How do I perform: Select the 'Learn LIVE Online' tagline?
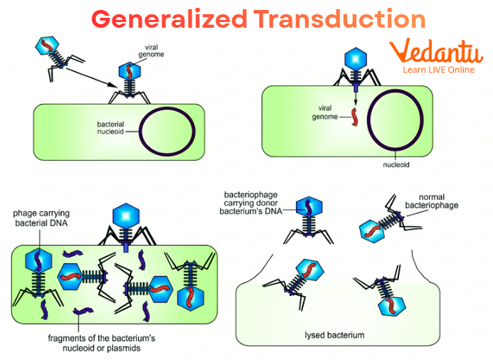pyautogui.click(x=438, y=70)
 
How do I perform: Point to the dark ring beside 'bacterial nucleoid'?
pyautogui.click(x=167, y=130)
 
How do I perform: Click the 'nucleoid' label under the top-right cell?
pyautogui.click(x=396, y=164)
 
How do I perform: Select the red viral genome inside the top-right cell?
pyautogui.click(x=354, y=115)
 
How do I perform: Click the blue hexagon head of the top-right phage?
pyautogui.click(x=353, y=58)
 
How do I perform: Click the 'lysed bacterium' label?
pyautogui.click(x=325, y=334)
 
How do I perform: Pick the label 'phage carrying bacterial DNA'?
pyautogui.click(x=41, y=218)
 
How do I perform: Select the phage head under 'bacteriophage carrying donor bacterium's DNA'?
pyautogui.click(x=309, y=207)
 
